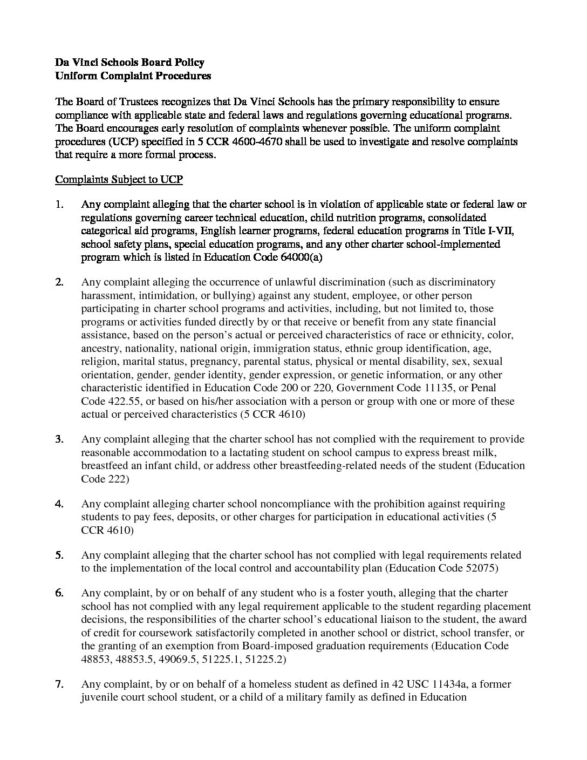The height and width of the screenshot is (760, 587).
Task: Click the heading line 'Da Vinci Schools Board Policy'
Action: [x=130, y=63]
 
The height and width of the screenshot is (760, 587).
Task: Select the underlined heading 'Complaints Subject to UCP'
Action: [x=119, y=179]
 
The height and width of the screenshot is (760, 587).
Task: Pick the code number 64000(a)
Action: [x=302, y=257]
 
